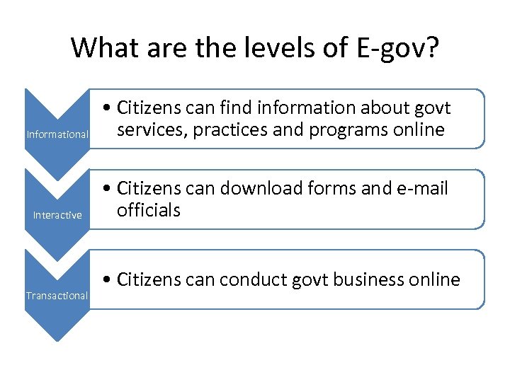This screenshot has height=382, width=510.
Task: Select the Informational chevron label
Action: pos(57,134)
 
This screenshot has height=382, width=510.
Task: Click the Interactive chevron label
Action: pos(57,215)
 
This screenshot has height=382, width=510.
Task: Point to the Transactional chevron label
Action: pos(57,295)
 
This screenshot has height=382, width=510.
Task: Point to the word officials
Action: pos(149,210)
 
